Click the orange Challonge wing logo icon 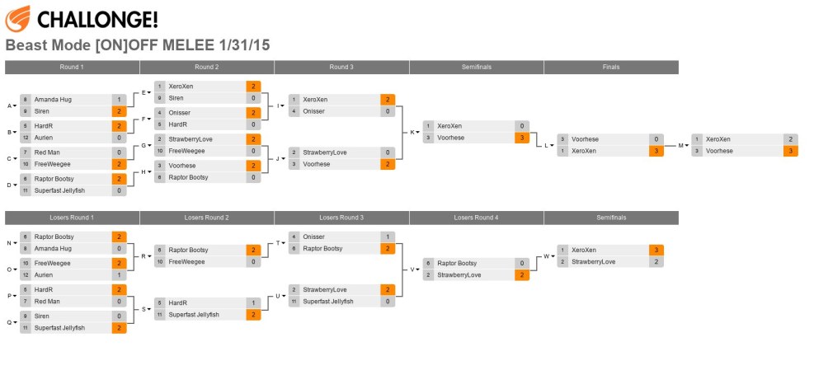17,17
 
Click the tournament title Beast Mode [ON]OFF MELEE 138,45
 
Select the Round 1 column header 72,67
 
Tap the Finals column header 610,67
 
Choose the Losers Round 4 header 476,218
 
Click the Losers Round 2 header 206,218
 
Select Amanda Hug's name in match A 53,100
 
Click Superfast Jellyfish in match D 59,190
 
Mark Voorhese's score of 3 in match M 790,151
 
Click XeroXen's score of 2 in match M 790,139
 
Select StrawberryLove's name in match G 191,139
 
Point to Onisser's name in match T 313,237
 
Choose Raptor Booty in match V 458,263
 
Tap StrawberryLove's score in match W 656,261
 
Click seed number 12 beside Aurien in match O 26,274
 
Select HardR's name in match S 177,302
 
